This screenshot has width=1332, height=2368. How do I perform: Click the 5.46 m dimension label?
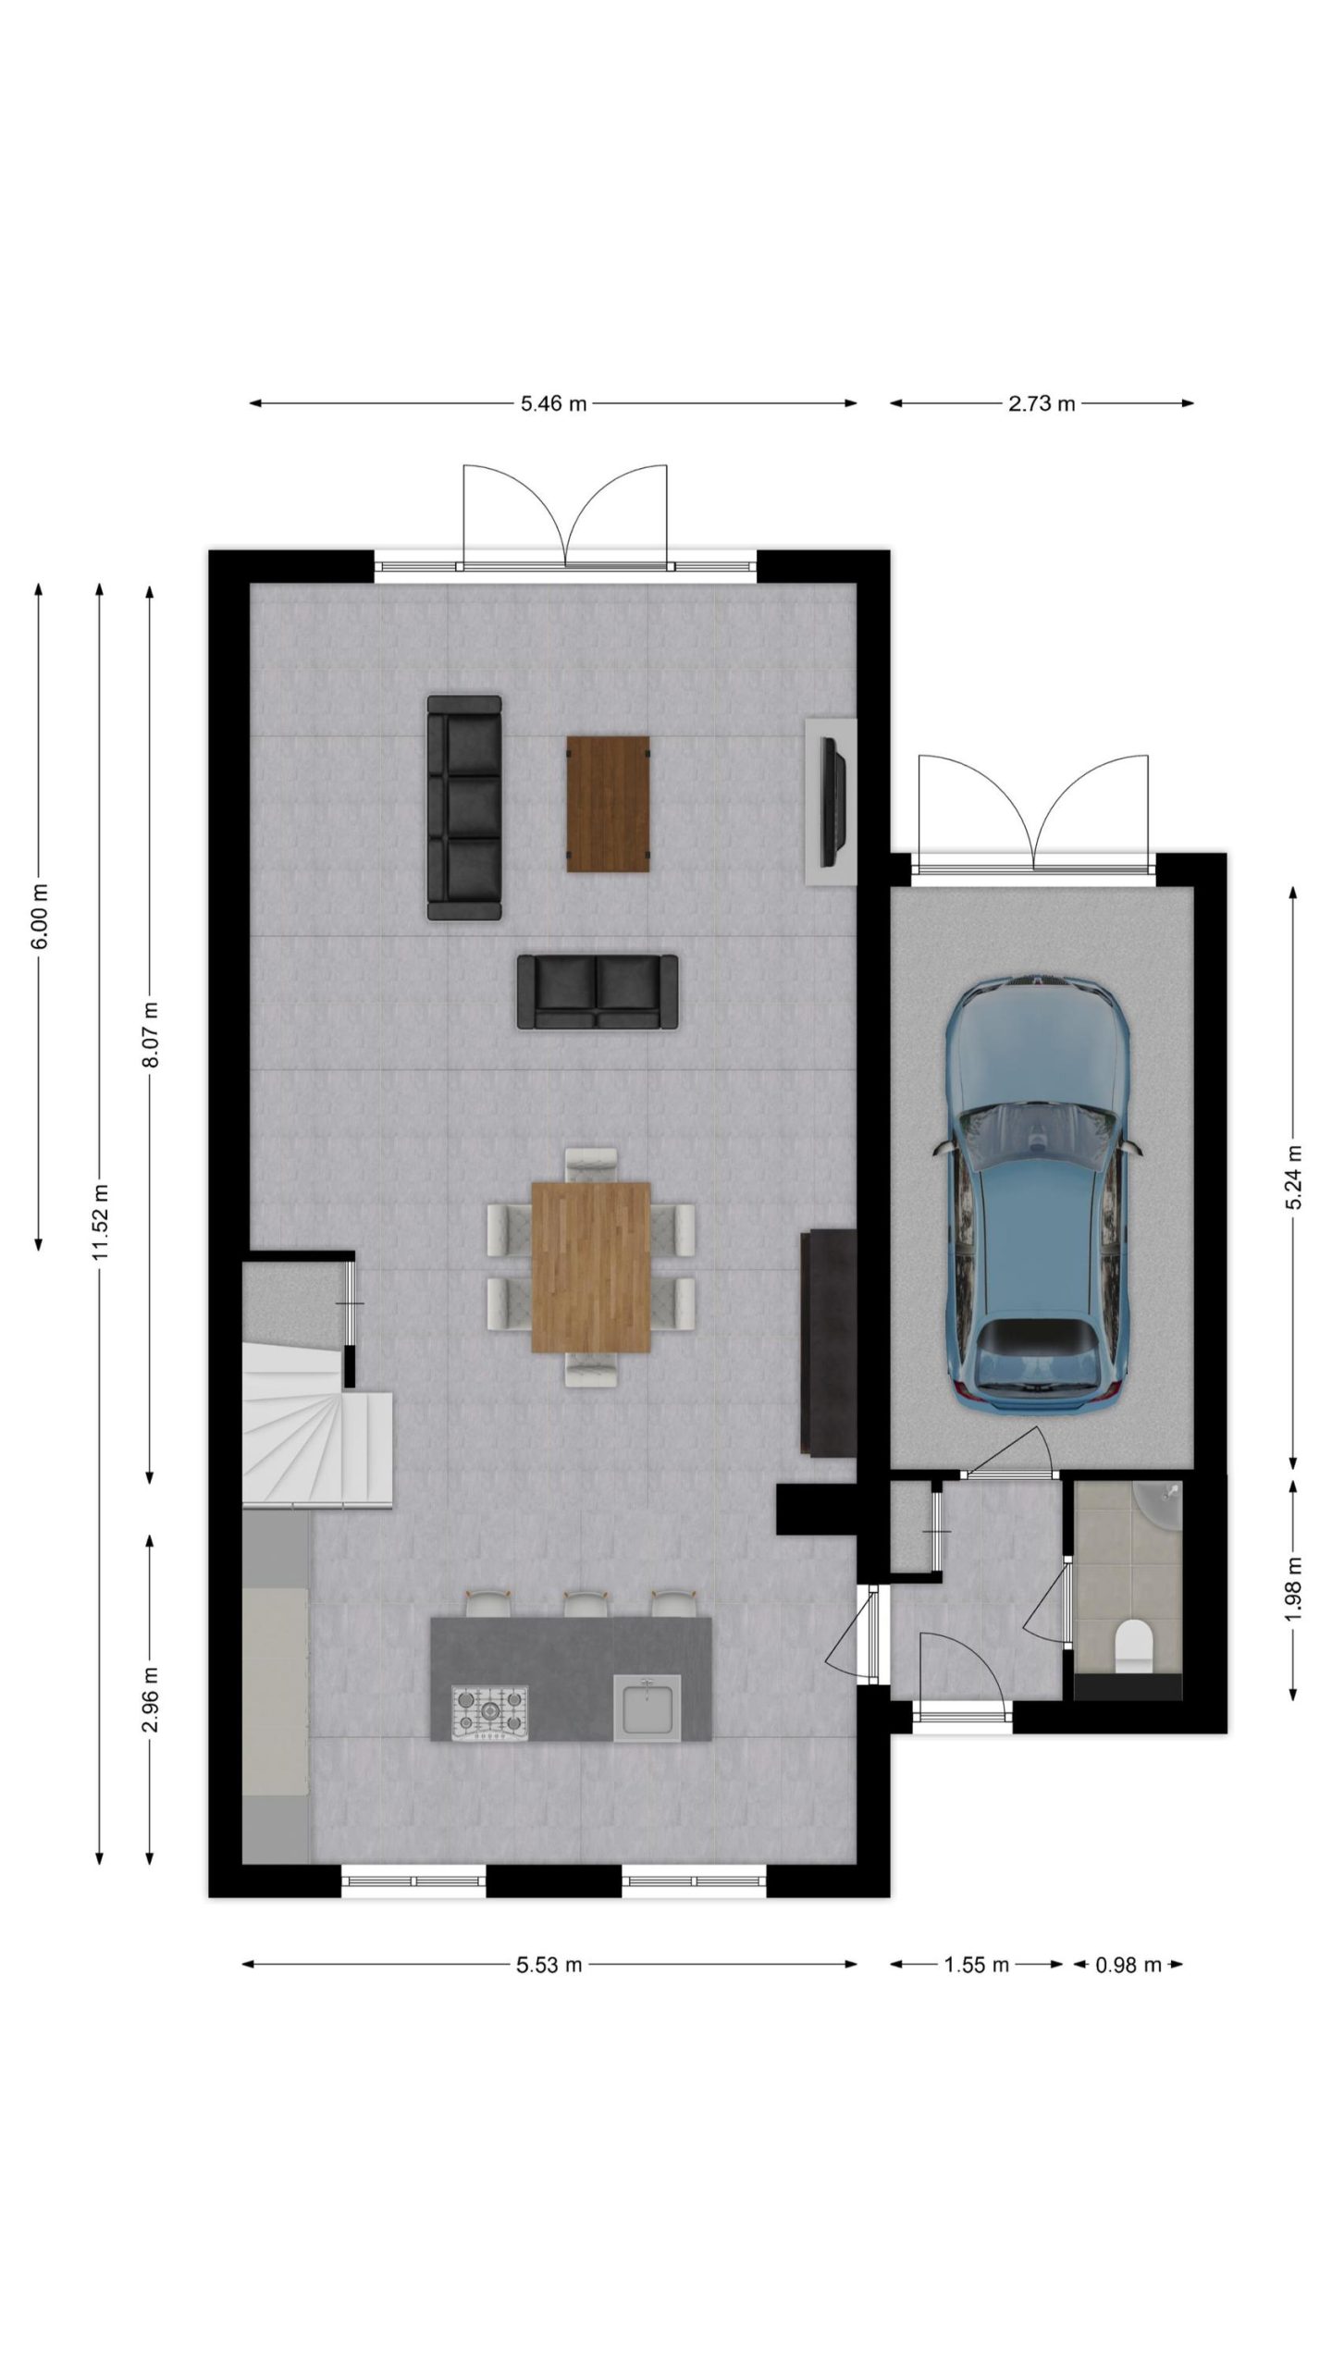click(553, 403)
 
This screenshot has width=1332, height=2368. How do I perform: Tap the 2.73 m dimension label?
click(1042, 403)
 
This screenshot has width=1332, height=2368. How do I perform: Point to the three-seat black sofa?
click(464, 808)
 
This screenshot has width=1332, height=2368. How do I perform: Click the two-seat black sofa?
click(598, 992)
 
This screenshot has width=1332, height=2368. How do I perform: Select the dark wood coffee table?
click(608, 803)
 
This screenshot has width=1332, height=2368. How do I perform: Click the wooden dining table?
click(591, 1266)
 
